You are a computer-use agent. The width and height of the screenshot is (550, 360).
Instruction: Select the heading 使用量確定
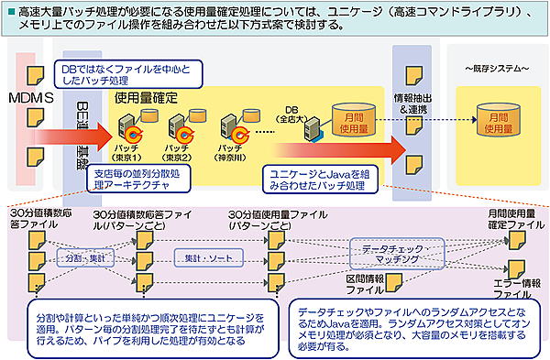(146, 96)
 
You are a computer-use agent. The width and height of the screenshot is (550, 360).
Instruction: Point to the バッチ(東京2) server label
(177, 150)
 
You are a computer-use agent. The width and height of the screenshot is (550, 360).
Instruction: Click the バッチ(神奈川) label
(231, 150)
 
